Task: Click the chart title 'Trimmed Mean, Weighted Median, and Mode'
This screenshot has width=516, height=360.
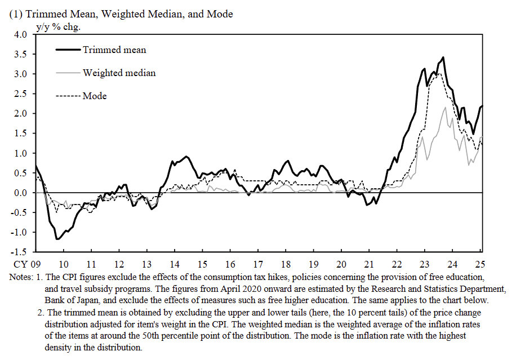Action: point(129,14)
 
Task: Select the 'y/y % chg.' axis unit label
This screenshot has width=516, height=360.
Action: point(57,26)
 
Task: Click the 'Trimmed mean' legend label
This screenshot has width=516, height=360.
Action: point(114,50)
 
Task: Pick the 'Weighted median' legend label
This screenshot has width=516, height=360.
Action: point(119,73)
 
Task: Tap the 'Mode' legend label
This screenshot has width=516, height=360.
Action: point(95,96)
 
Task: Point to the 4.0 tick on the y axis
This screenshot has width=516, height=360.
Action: point(20,35)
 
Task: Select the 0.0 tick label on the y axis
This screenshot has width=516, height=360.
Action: point(20,193)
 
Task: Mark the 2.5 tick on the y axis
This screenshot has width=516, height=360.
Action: point(20,94)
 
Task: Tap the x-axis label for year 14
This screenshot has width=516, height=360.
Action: point(174,264)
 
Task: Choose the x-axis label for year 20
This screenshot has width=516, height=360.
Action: point(341,264)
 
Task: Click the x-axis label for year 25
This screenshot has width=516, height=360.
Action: point(480,264)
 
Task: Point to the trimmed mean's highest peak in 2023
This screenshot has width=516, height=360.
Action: point(443,57)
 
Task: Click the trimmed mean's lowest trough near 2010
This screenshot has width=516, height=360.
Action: point(57,239)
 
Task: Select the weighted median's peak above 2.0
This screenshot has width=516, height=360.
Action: point(446,108)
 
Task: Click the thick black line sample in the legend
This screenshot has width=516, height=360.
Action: point(68,50)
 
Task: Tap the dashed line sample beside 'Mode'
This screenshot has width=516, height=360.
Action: point(68,96)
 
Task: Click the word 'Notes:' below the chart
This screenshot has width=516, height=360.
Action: point(22,277)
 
